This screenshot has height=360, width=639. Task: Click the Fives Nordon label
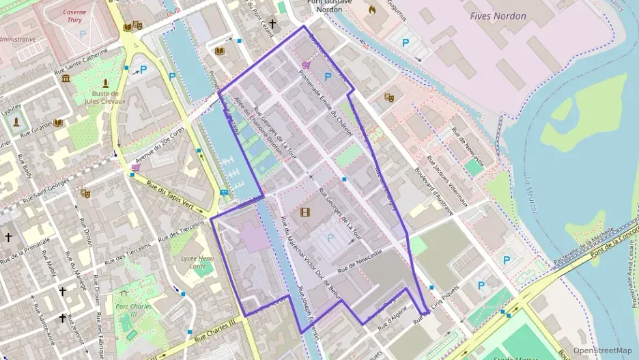498,16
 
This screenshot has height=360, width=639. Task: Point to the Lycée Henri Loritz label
197,263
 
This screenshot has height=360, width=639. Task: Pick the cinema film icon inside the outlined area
304,212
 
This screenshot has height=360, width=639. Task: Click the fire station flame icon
372,10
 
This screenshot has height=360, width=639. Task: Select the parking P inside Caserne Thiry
83,33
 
